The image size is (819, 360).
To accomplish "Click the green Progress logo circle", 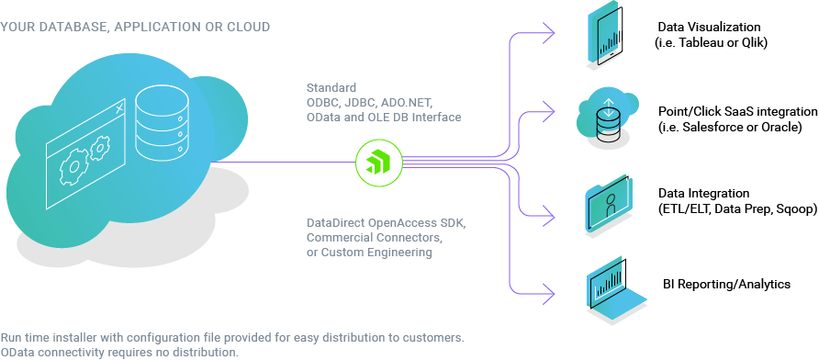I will pos(378,163).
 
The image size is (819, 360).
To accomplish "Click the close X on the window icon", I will pos(120,108).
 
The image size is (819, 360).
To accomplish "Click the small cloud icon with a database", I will pos(606,113).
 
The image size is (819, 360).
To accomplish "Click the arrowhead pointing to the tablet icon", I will pos(549,33).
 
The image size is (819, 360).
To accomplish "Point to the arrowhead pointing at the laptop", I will pos(549,294).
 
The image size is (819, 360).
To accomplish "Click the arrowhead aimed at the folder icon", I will pos(549,219).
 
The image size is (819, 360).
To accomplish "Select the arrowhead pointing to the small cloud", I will pos(549,109).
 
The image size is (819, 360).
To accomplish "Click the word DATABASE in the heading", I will pos(70,27).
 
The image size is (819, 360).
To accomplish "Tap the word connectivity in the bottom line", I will pos(71,352).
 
